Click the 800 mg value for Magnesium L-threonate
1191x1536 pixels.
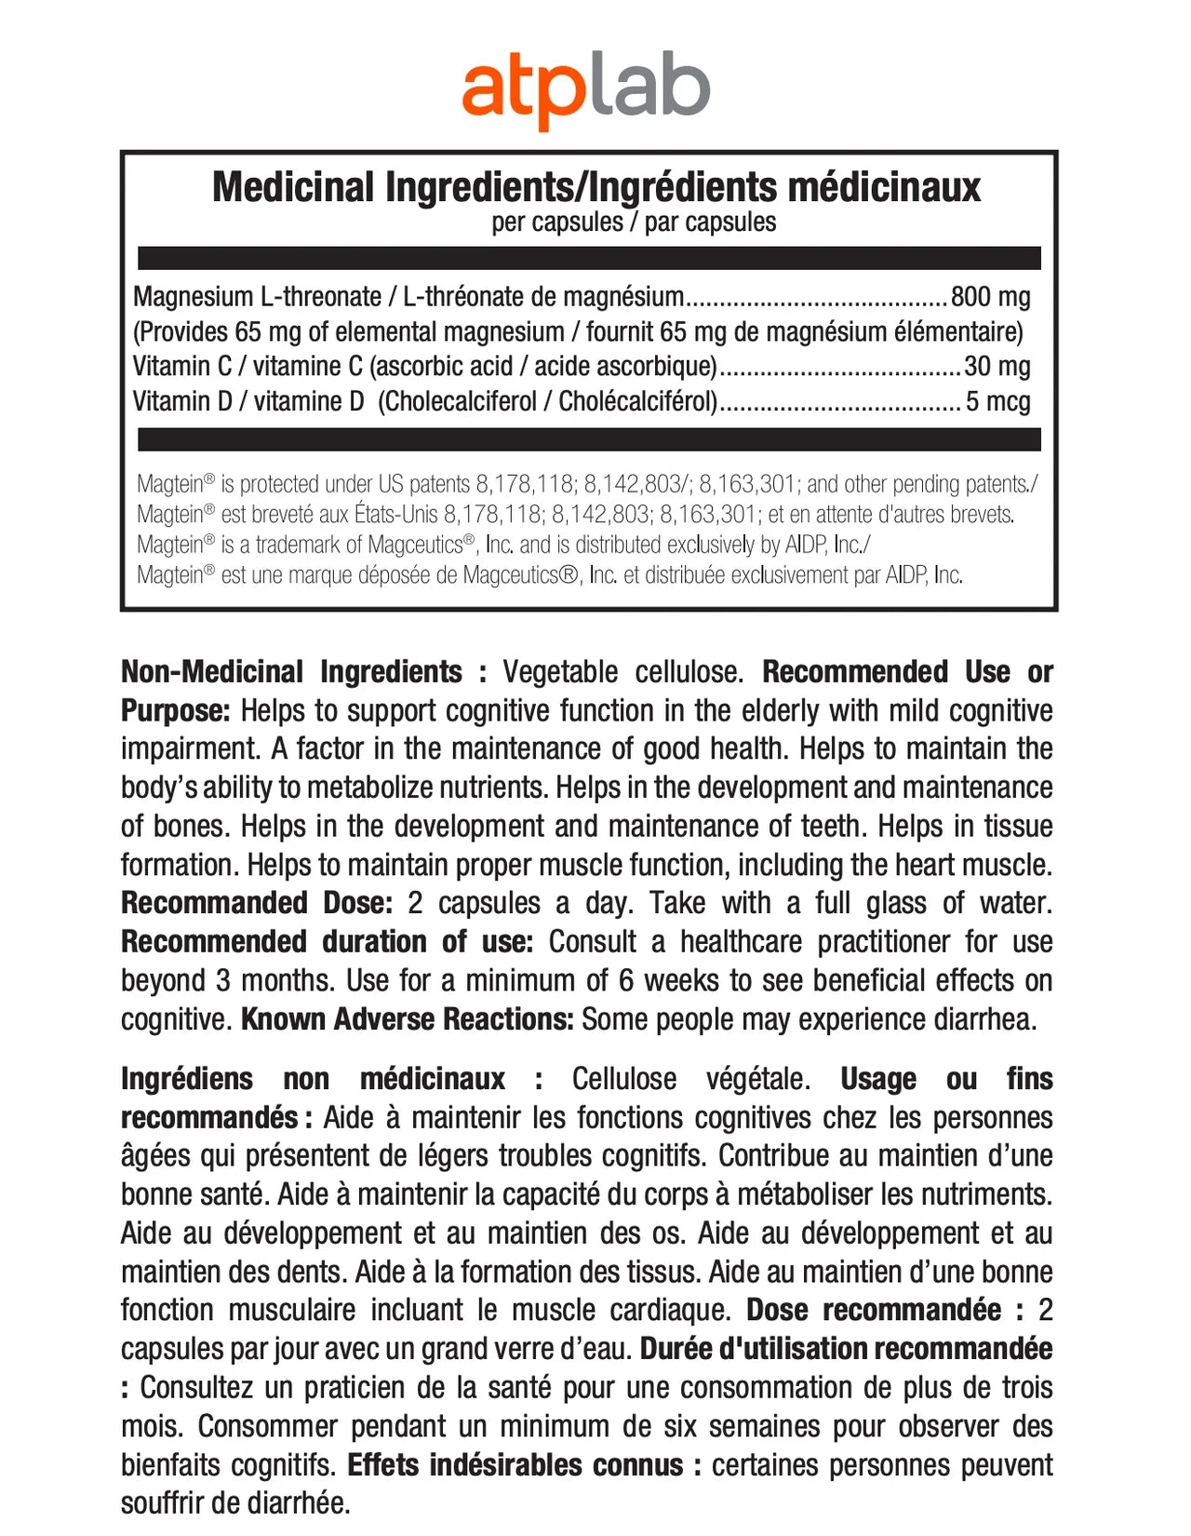coord(990,297)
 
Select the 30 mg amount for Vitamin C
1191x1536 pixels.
coord(997,367)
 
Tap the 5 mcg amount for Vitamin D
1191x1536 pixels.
coord(997,402)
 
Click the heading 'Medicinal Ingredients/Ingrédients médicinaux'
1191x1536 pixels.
coord(596,187)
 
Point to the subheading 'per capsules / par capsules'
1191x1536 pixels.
coord(634,222)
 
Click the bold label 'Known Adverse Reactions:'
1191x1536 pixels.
coord(407,1019)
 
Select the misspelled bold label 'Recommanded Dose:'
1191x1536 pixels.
coord(257,903)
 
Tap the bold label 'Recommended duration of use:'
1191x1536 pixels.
coord(327,942)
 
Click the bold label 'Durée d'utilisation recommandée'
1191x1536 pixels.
coord(846,1349)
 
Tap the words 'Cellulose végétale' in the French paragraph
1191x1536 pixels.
coord(690,1079)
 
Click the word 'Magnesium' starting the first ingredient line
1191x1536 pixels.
coord(193,297)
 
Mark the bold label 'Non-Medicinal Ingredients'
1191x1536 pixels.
coord(291,672)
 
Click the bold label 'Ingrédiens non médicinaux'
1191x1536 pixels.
coord(313,1079)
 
